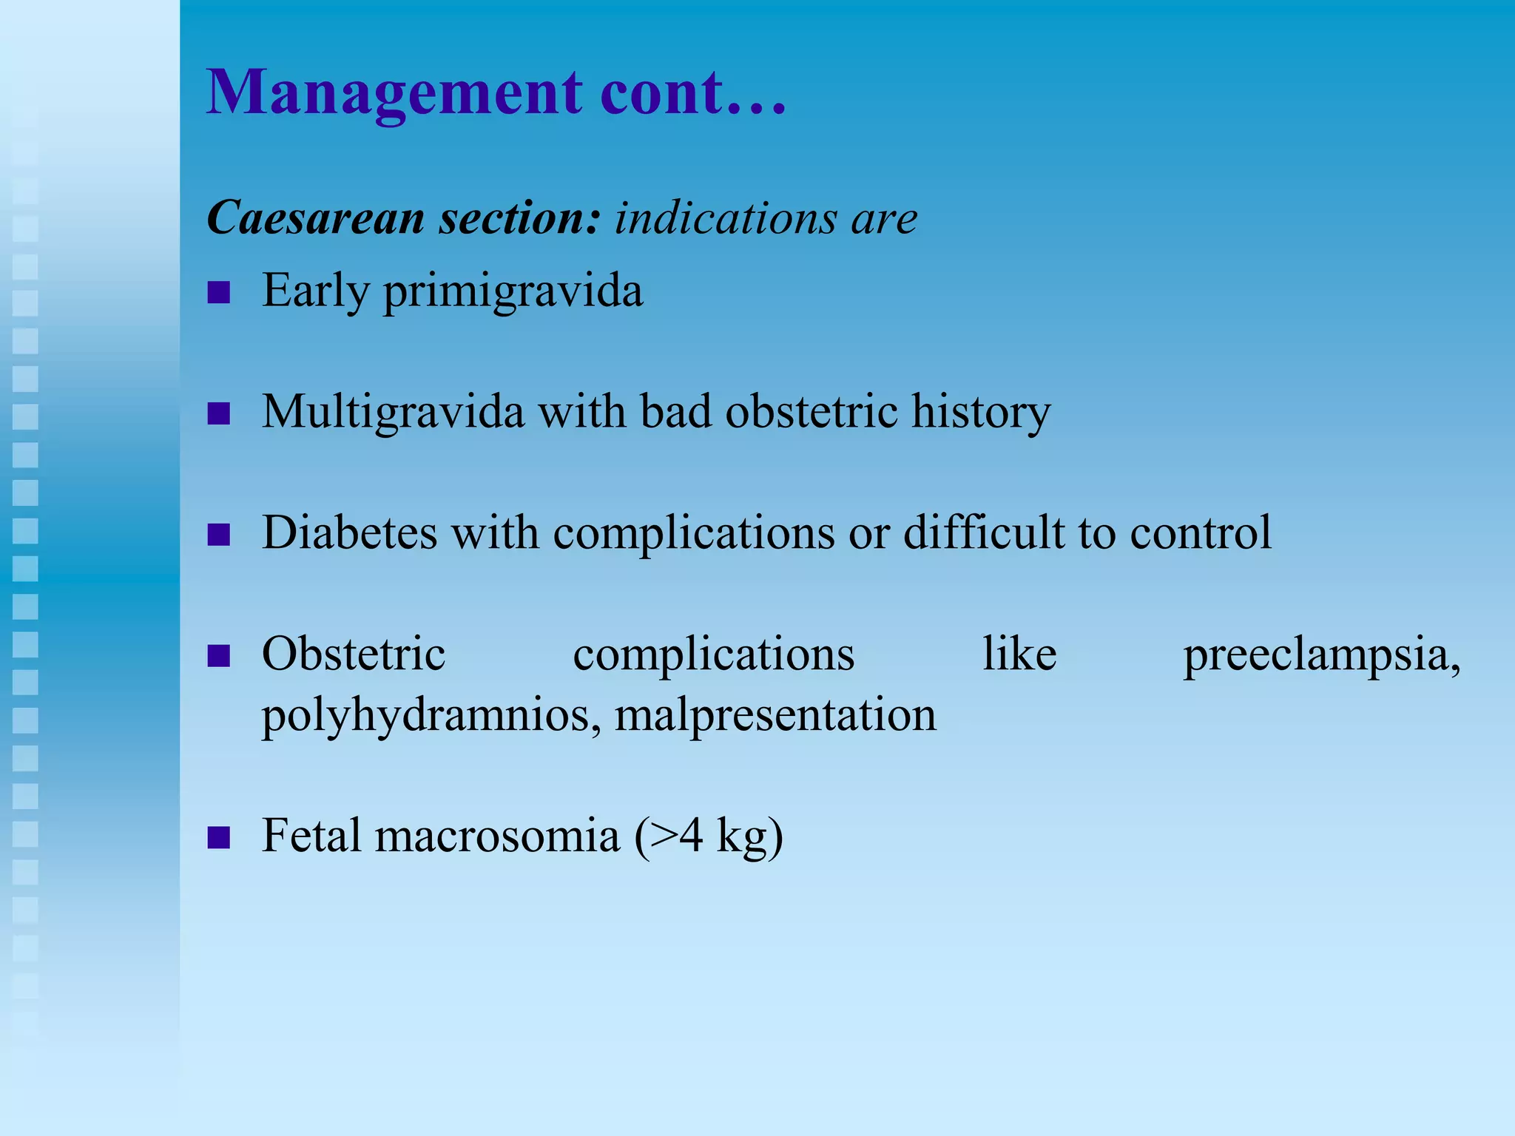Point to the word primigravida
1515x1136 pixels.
513,291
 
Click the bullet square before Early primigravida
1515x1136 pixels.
219,293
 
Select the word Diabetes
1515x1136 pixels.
349,532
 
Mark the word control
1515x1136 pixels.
1201,532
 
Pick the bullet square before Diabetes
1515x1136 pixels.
219,534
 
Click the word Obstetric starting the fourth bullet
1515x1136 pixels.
354,654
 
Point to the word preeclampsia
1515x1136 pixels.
1322,655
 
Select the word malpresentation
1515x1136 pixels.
775,716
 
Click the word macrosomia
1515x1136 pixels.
497,836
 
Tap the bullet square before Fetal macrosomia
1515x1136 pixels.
219,839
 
